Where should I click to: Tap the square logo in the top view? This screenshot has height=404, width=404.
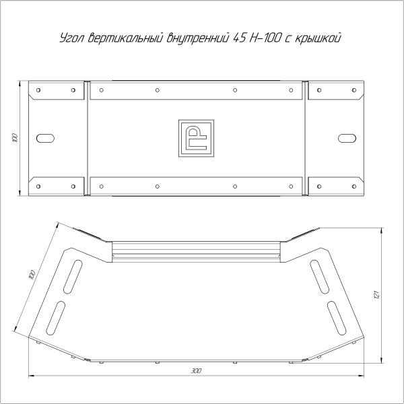196,138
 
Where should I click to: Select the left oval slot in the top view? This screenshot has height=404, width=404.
46,138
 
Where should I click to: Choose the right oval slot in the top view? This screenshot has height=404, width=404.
346,138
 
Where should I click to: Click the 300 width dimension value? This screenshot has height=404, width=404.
196,371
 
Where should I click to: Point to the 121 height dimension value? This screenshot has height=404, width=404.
378,294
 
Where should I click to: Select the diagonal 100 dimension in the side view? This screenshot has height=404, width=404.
32,276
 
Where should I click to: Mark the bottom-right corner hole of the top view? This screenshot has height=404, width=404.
353,187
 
